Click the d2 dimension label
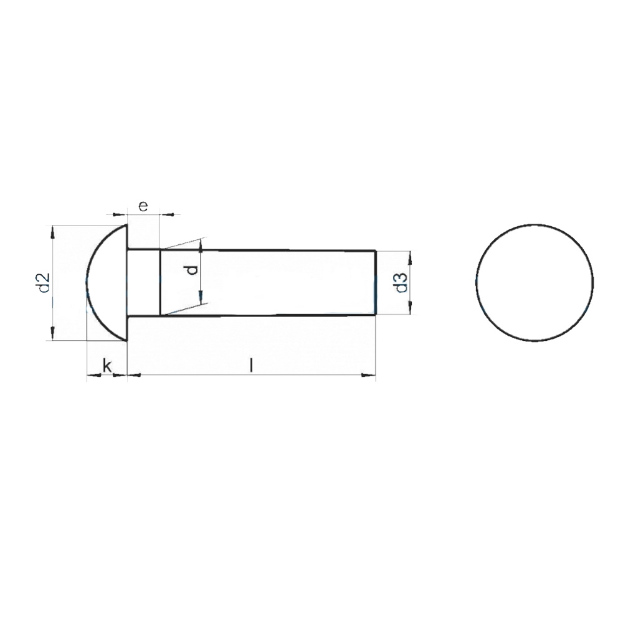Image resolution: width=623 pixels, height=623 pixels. (x=44, y=283)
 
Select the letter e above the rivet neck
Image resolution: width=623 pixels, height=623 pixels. (x=143, y=206)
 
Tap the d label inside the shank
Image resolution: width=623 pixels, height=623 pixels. (x=193, y=270)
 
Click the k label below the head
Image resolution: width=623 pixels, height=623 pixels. (x=107, y=366)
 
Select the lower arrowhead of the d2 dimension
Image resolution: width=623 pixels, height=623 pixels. (x=53, y=333)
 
